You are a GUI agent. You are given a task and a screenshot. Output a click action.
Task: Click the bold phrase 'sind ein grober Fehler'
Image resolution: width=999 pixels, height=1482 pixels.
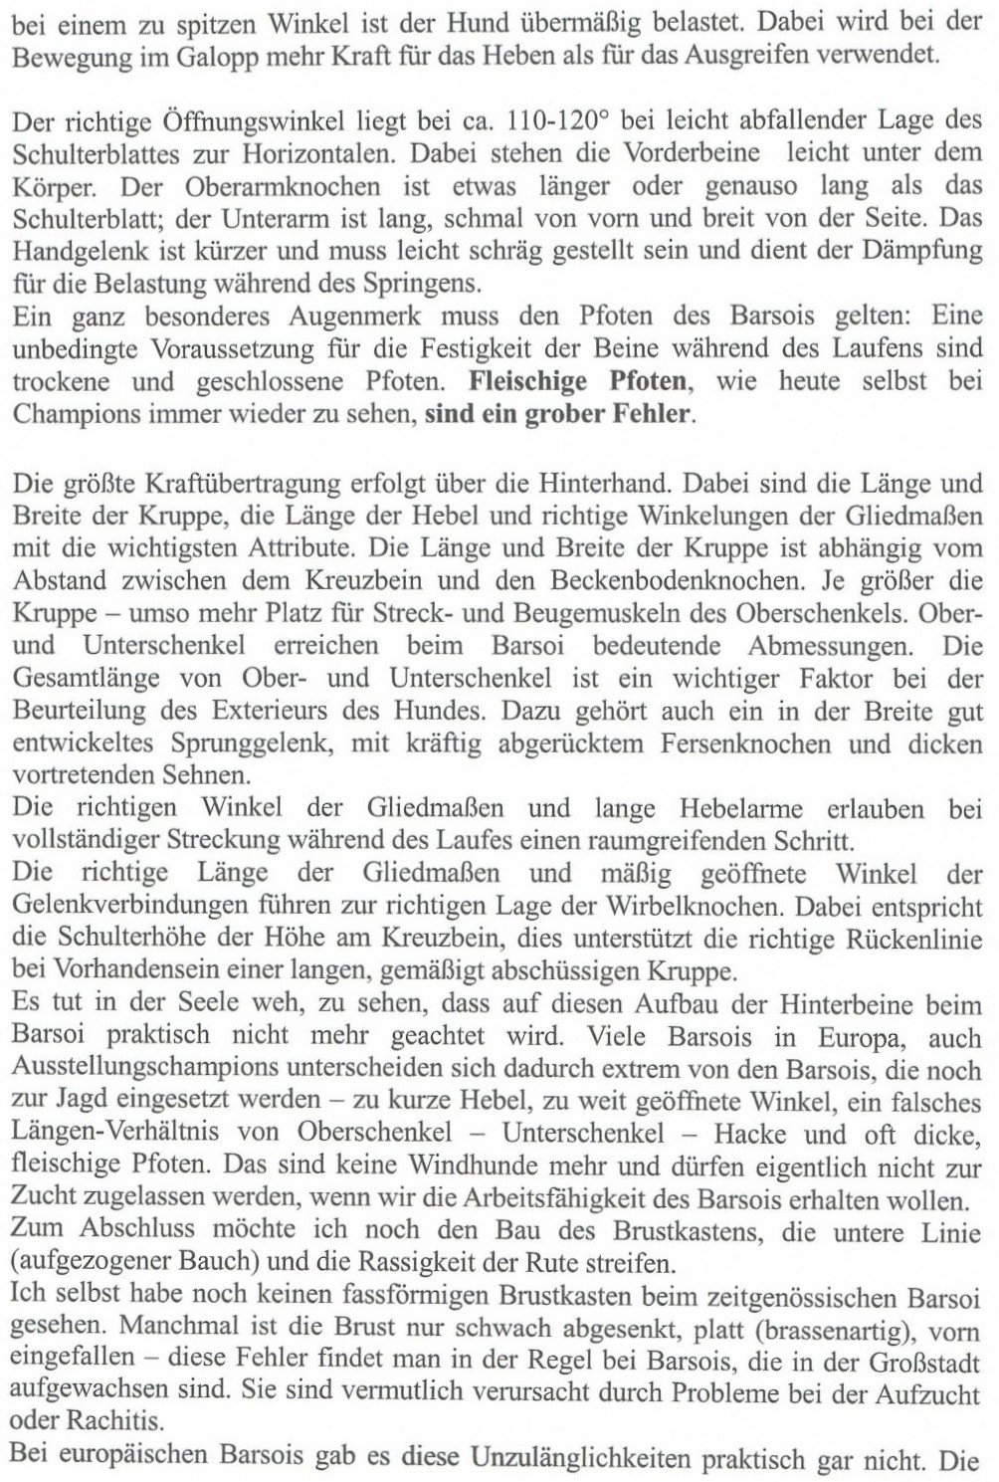(x=558, y=413)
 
